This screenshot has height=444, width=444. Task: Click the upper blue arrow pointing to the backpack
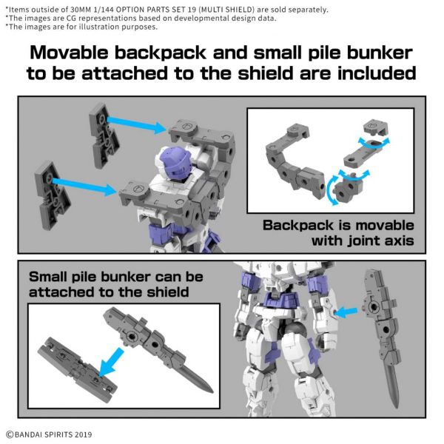coord(138,119)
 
